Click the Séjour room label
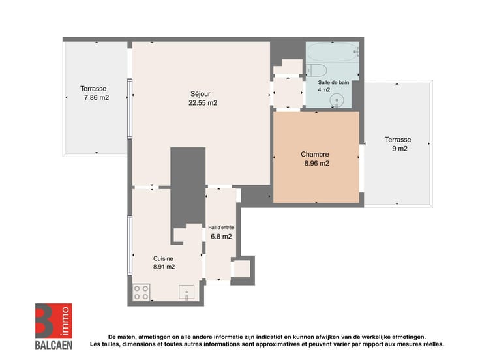click(x=200, y=94)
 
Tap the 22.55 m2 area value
click(x=203, y=103)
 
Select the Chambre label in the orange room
click(x=315, y=155)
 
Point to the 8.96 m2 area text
click(x=316, y=164)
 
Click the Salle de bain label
click(x=333, y=82)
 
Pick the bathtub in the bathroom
click(x=333, y=52)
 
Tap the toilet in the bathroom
click(x=316, y=70)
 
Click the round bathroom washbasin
click(x=337, y=100)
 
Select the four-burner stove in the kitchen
click(x=142, y=292)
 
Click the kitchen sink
click(x=187, y=292)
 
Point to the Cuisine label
click(x=163, y=259)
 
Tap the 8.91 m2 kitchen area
click(x=164, y=267)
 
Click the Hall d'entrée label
click(x=221, y=228)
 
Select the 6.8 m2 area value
click(x=221, y=237)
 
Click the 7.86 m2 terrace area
click(x=97, y=98)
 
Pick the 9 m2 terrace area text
click(x=400, y=149)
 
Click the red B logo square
click(x=53, y=321)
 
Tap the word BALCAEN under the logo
click(x=53, y=345)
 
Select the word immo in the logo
click(x=65, y=321)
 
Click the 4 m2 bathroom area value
click(x=324, y=90)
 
